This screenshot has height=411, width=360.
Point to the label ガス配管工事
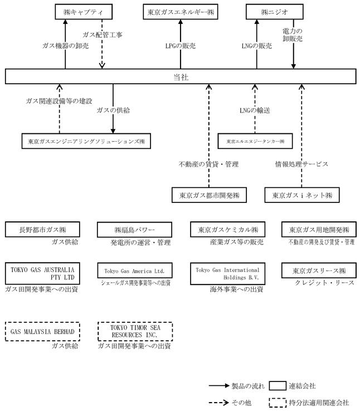(102, 35)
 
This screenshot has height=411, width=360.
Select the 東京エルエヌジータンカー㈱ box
(255, 142)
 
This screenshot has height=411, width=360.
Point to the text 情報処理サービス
(301, 165)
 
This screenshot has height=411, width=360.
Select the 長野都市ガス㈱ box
(42, 230)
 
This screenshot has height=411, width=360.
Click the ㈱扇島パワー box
(134, 230)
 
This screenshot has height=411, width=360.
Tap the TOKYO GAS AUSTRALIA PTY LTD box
(42, 273)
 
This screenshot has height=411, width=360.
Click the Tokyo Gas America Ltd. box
(134, 272)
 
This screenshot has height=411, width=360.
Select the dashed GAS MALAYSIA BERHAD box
(42, 331)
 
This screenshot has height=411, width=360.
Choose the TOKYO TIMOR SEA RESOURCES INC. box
(134, 331)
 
